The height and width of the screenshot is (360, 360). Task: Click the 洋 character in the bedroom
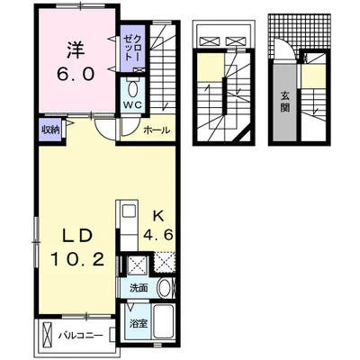75,49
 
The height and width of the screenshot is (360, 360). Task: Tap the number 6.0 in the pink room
76,74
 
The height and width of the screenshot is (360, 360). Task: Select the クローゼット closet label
132,48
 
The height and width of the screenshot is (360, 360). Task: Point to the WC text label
133,104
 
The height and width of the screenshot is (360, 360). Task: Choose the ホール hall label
157,130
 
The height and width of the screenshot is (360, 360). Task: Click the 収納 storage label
50,130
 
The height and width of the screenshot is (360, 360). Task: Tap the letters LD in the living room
76,237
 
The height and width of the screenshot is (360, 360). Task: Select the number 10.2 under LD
77,259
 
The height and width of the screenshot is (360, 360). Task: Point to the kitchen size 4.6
158,235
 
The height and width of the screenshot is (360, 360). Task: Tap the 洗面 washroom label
139,288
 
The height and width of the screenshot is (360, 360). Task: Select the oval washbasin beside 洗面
165,288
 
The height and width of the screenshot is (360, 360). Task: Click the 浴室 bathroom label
139,324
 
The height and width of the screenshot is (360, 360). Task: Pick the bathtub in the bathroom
164,321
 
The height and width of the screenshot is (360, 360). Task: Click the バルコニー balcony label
81,335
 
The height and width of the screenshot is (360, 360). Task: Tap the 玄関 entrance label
284,101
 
